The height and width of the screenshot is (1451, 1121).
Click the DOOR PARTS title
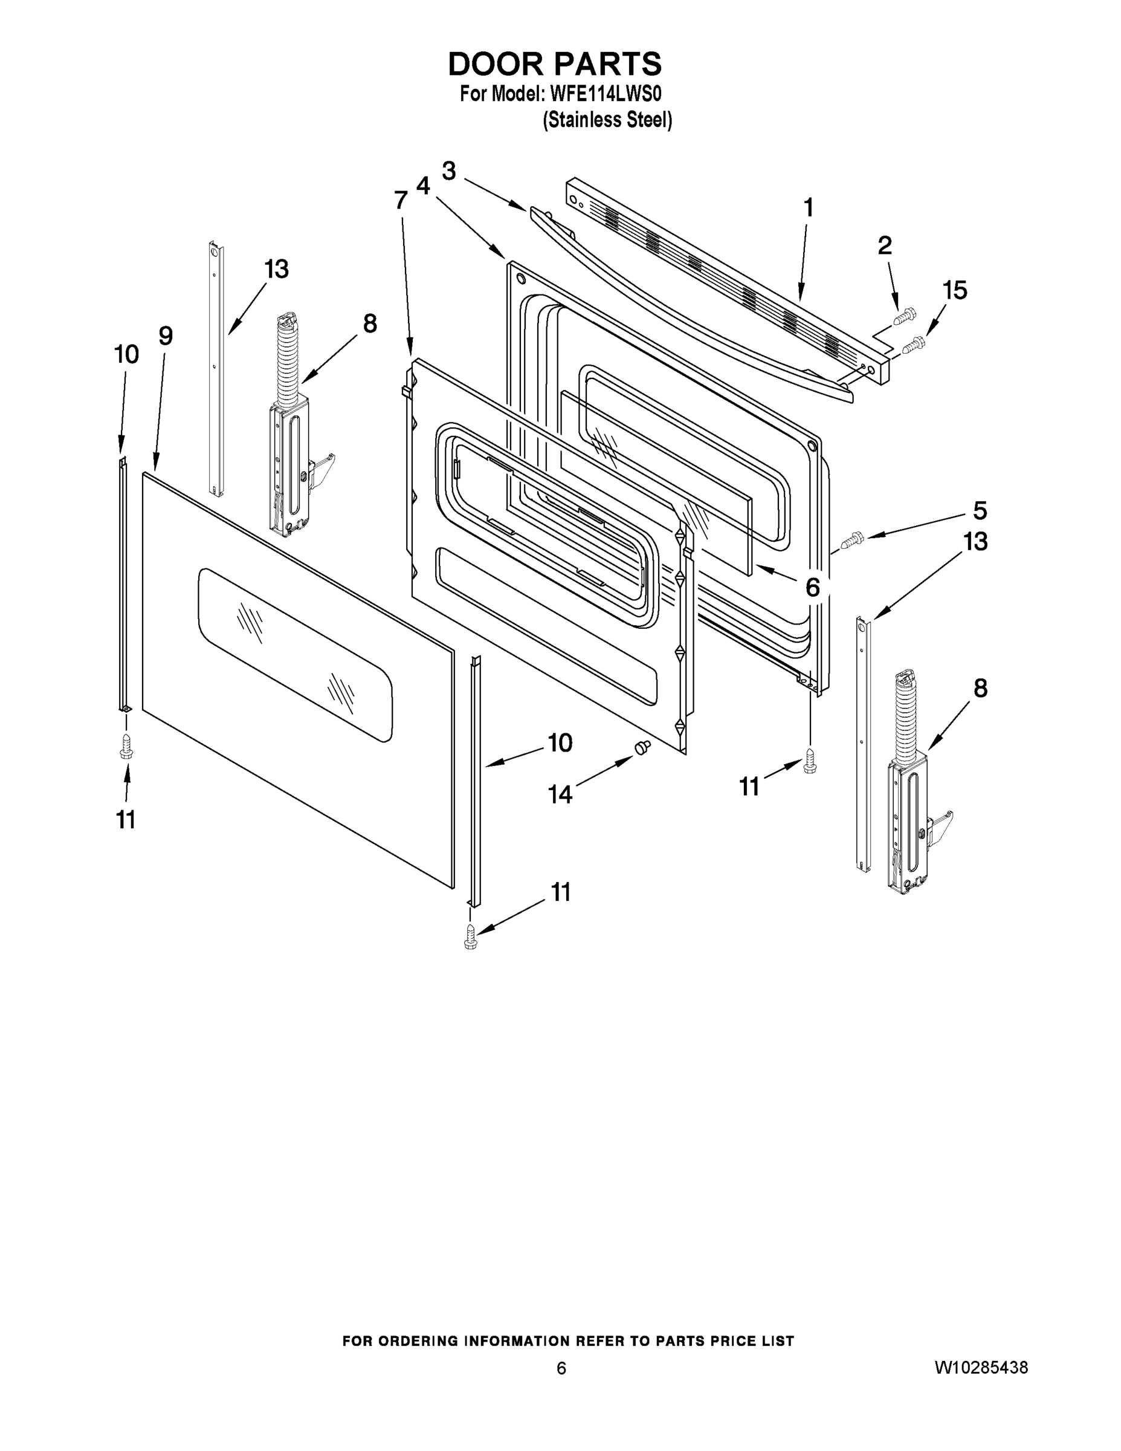pos(555,63)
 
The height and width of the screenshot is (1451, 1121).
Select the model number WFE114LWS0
pos(605,94)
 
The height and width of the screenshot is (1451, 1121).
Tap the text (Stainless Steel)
pos(607,120)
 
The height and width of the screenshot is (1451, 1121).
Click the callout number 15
pos(954,290)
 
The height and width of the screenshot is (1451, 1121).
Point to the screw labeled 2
pos(905,317)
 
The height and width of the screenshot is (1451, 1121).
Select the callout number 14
pos(560,793)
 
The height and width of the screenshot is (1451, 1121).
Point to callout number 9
pos(166,336)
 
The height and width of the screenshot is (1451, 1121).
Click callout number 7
pos(401,200)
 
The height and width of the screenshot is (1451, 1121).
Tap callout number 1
pos(808,208)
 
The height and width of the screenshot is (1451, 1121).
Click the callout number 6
pos(812,587)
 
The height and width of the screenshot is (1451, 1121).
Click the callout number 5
pos(980,510)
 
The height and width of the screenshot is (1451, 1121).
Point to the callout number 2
pos(885,246)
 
